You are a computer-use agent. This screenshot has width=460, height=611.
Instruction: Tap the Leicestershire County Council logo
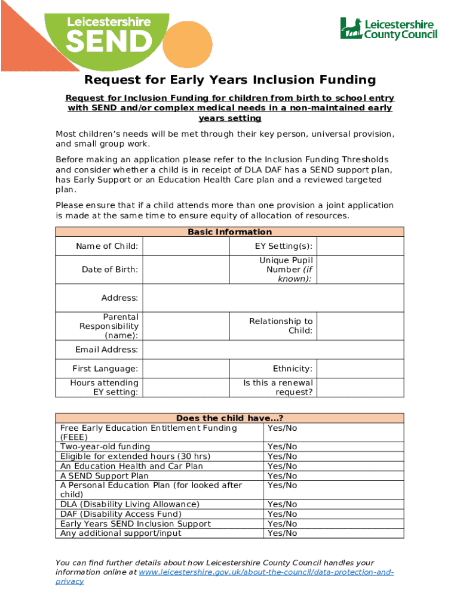pos(388,28)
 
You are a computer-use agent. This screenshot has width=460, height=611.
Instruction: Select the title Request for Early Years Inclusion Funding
pos(230,80)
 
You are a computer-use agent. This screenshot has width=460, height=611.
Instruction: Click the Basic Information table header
pos(230,232)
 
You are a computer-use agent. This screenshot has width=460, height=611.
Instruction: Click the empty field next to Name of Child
pos(186,246)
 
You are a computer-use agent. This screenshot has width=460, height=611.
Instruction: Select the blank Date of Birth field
pos(186,270)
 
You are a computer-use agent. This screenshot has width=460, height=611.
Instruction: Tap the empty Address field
pos(273,298)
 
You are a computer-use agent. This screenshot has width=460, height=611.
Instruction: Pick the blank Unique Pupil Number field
pos(360,270)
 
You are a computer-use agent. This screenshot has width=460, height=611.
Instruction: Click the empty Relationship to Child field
pos(360,326)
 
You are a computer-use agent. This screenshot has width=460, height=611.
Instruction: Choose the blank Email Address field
pos(273,350)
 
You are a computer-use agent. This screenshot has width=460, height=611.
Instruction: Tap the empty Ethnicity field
pos(360,369)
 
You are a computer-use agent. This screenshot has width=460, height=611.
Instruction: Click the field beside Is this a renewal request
pos(360,387)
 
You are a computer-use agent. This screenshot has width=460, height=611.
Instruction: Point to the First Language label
pos(105,369)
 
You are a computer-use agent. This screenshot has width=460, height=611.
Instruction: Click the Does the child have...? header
pos(230,418)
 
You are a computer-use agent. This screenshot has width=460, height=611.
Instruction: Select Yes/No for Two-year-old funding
pos(283,447)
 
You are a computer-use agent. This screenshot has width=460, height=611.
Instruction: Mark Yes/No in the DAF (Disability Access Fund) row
pos(283,514)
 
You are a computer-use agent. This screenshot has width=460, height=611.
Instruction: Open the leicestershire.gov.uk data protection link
pos(266,572)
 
